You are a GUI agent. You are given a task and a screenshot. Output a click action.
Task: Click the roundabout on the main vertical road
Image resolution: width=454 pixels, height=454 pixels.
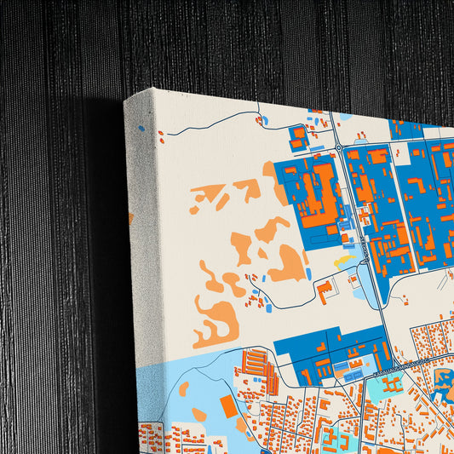(x=338, y=147)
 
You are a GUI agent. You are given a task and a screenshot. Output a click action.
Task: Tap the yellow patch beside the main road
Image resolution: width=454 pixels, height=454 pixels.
(x=345, y=261)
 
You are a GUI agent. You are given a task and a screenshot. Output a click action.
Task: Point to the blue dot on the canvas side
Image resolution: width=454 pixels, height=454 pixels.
(x=141, y=129)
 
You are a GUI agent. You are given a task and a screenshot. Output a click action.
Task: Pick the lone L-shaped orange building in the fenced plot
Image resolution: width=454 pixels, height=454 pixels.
(x=325, y=291)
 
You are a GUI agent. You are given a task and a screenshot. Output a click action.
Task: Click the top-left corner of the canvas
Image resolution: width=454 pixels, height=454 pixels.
(x=126, y=100)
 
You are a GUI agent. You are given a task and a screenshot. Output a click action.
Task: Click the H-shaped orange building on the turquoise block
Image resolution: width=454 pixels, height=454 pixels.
(x=391, y=385)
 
